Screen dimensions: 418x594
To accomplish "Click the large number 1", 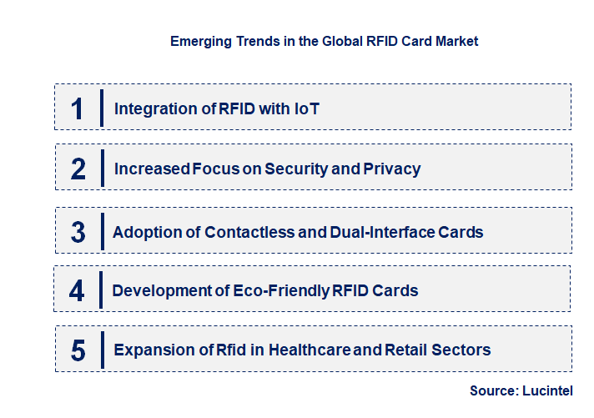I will pos(78,108).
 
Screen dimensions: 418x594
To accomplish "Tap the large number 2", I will pos(78,169).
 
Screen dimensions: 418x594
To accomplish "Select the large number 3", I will pos(78,232).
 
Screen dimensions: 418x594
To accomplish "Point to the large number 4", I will pos(78,291).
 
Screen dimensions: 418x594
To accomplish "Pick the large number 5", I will pos(78,350).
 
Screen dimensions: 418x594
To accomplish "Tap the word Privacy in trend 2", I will pos(392,169).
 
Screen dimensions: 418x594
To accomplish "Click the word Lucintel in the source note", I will pos(547,390).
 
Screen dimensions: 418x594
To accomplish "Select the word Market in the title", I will pos(456,41).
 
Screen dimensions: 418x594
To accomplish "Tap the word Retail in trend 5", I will pos(406,350).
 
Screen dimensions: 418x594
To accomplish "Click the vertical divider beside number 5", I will pos(101,349).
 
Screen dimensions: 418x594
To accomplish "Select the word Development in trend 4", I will pos(159,291).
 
